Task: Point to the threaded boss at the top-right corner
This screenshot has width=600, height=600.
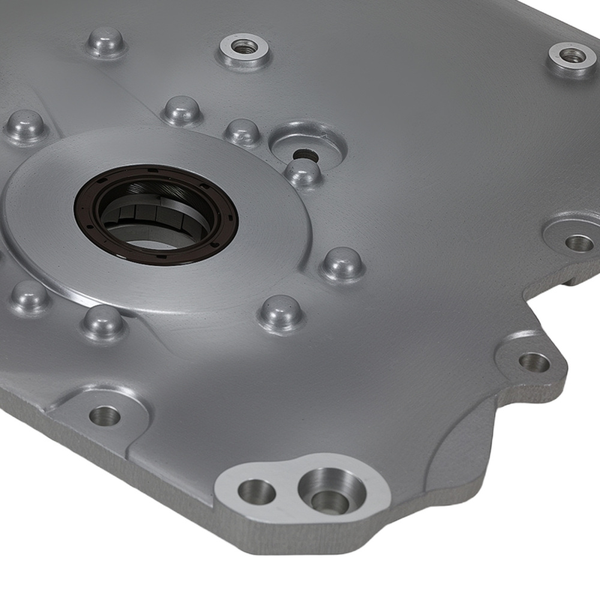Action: coord(572,56)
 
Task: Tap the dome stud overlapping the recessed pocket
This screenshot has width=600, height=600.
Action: coord(302,172)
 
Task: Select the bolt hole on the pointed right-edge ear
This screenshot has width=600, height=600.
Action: coord(533,361)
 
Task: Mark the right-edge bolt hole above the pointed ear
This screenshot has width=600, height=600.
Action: coord(579,243)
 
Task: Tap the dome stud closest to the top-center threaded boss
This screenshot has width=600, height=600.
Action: coord(181,110)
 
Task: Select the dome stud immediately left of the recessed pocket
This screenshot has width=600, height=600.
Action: coord(243,131)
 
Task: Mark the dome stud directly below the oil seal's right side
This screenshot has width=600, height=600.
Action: coord(280,311)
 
